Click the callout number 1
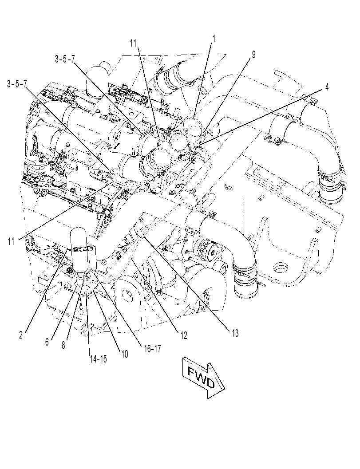coord(214,39)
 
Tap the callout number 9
coord(253,55)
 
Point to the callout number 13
coord(235,333)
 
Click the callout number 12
coord(183,335)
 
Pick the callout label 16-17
coord(151,348)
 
